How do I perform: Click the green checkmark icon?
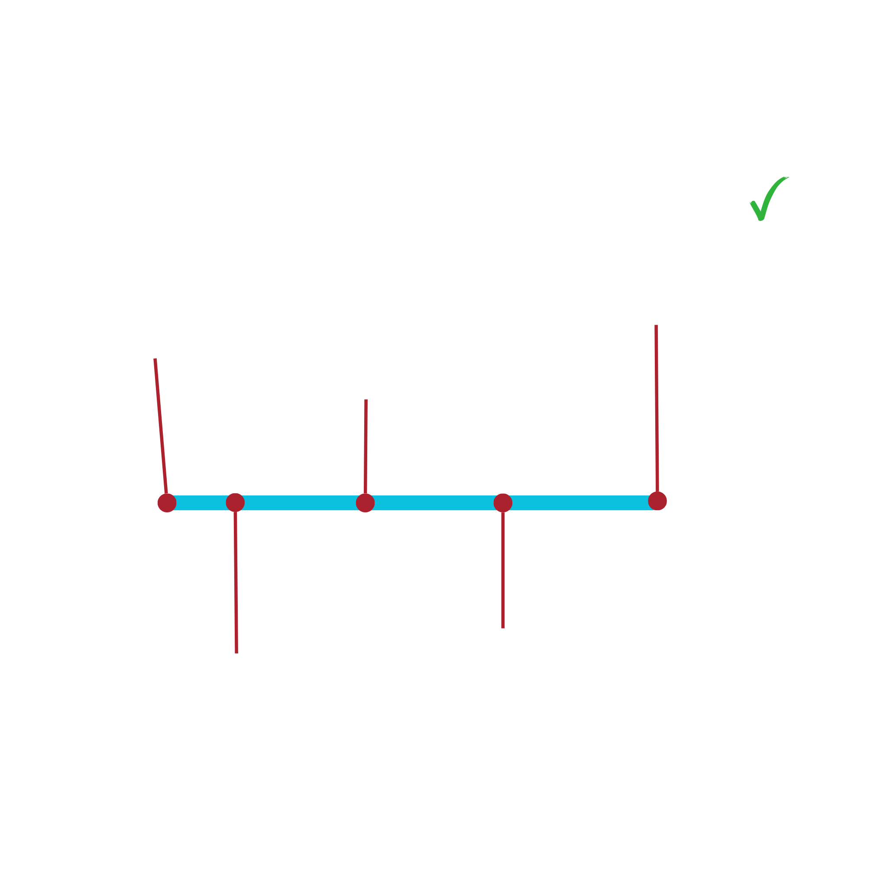[769, 199]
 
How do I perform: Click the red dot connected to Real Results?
[657, 501]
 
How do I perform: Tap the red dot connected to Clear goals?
[235, 502]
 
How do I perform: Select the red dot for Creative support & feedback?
[365, 503]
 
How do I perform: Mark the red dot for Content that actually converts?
[503, 503]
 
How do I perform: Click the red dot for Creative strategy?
[167, 503]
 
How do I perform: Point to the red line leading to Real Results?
[657, 408]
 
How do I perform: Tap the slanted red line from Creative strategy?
[161, 427]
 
